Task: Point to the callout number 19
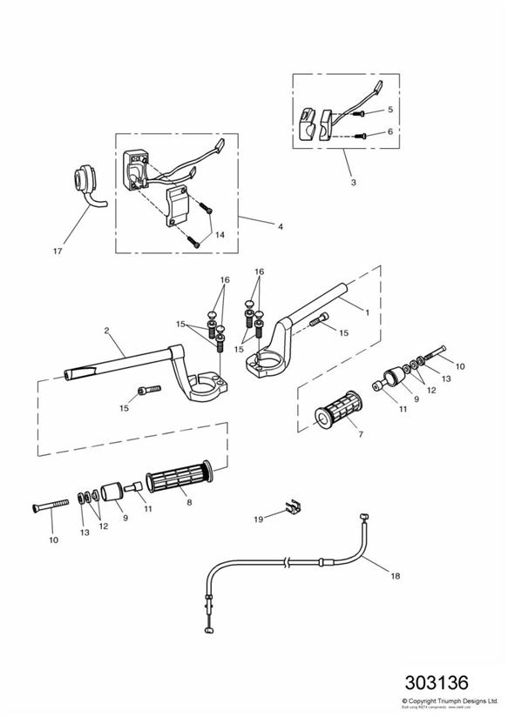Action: click(x=258, y=519)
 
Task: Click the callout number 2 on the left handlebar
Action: click(x=105, y=331)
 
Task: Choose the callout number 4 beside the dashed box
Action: click(x=280, y=226)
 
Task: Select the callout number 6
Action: click(x=390, y=132)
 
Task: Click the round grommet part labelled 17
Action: click(x=85, y=181)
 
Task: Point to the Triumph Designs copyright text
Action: click(x=450, y=700)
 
